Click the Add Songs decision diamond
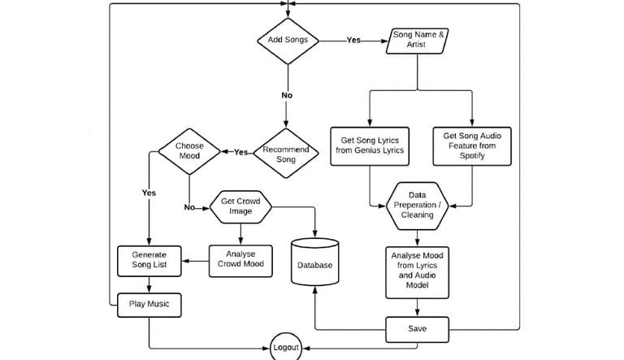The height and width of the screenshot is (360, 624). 287,40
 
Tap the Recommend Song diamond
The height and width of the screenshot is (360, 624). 287,152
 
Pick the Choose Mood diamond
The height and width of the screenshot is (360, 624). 188,152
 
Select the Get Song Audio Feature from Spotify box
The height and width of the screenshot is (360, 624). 471,145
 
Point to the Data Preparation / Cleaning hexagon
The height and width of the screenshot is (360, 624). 418,205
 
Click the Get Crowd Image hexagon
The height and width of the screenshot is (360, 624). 240,206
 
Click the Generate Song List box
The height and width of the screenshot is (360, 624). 149,260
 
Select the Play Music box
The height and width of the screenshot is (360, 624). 149,305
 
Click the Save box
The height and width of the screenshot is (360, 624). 417,328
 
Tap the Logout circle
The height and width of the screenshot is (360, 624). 285,348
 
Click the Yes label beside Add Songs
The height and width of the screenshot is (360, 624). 354,39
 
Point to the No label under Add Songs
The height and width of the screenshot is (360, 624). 287,95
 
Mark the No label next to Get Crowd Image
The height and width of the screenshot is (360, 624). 190,206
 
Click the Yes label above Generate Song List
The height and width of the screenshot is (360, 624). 149,193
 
